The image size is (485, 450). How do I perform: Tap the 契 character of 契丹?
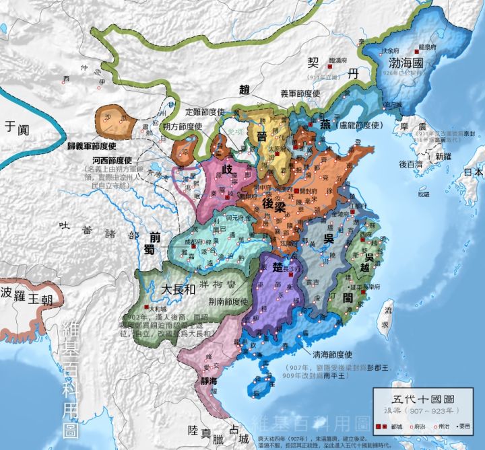coord(313,63)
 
